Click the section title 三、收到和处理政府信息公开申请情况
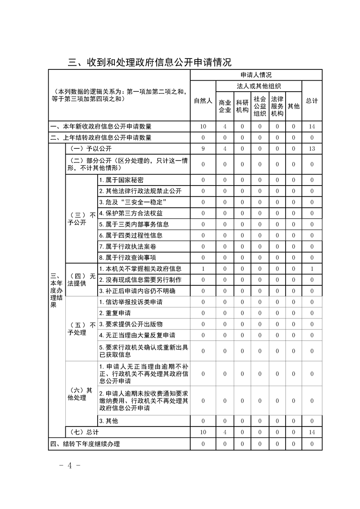tap(150, 62)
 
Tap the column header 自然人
tap(203, 101)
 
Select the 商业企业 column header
tap(225, 106)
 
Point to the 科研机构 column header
tap(242, 106)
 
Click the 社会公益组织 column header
tap(260, 106)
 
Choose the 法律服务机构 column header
tap(277, 106)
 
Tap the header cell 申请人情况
tap(256, 75)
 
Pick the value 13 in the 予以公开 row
tap(312, 149)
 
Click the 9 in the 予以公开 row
tap(203, 149)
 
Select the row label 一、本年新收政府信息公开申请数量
tap(101, 127)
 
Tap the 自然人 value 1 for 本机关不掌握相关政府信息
tap(203, 269)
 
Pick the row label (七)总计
tap(82, 432)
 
